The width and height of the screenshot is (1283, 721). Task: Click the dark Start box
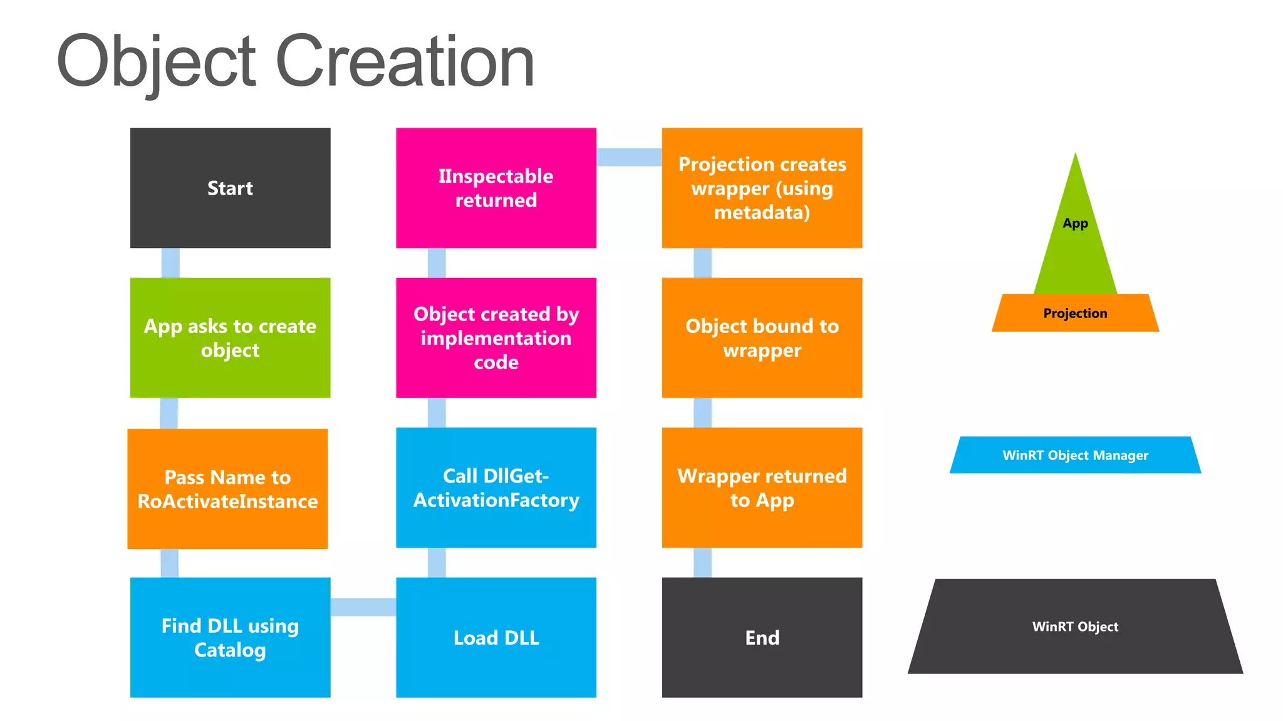(x=230, y=188)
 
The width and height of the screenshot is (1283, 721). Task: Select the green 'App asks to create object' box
(x=230, y=337)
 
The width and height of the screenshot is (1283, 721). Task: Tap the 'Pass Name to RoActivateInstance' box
(x=227, y=488)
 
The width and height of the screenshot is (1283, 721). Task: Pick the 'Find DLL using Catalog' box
(x=230, y=637)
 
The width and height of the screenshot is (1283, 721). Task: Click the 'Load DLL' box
(x=496, y=637)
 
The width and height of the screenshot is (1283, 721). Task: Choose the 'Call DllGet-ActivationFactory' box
(x=496, y=487)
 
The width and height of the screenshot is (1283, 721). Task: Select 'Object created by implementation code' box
(x=496, y=337)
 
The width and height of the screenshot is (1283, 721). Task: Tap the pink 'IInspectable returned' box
(x=496, y=188)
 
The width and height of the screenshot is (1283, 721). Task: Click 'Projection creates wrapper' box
(x=762, y=188)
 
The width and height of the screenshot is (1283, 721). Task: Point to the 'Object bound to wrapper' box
(x=762, y=337)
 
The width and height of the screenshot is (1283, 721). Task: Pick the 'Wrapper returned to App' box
(x=762, y=487)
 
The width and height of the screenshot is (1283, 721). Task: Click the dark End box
(x=762, y=637)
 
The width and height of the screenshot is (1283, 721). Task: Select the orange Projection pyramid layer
(x=1075, y=313)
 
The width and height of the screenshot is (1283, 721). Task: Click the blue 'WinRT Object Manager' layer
(x=1075, y=455)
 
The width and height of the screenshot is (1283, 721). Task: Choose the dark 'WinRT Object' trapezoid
(x=1075, y=626)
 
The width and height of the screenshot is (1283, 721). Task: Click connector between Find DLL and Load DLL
(x=363, y=606)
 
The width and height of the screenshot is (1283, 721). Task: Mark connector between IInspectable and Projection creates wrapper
(x=628, y=157)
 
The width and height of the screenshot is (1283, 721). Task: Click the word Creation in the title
(x=405, y=61)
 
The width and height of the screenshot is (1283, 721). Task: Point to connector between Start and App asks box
(x=170, y=263)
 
